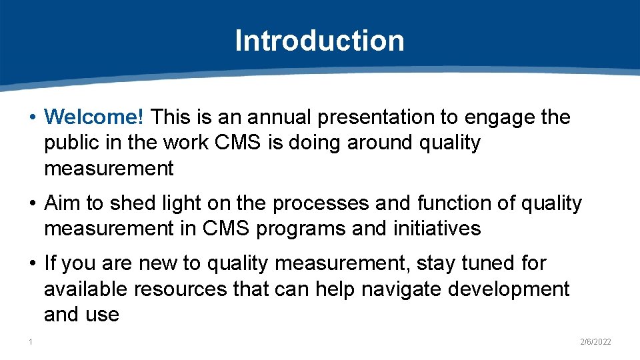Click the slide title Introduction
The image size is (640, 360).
pyautogui.click(x=319, y=40)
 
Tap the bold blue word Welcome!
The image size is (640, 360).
pyautogui.click(x=94, y=117)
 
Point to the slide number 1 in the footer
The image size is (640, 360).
pyautogui.click(x=31, y=342)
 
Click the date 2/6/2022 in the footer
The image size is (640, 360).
pyautogui.click(x=595, y=342)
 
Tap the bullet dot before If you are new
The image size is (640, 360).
pyautogui.click(x=33, y=263)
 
